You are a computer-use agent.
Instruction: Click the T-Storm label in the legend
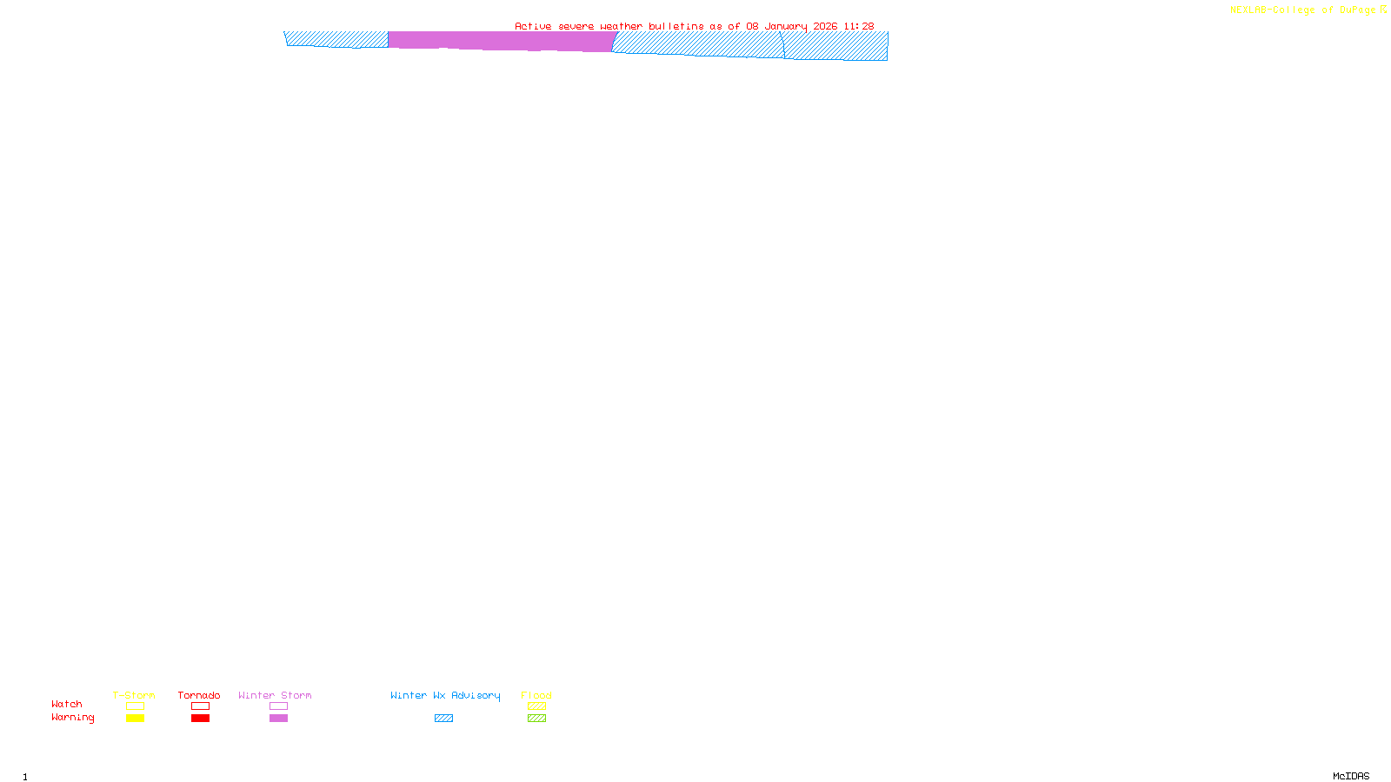click(x=134, y=695)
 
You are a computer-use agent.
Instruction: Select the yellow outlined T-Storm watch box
click(x=135, y=706)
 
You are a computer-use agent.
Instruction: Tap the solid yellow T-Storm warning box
click(x=135, y=719)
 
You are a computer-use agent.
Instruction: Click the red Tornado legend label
click(x=199, y=695)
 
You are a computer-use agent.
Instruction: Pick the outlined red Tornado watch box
click(x=200, y=706)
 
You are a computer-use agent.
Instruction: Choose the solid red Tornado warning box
click(x=200, y=719)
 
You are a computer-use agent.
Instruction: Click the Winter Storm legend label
click(x=275, y=695)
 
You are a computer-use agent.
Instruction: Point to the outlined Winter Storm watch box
click(x=278, y=706)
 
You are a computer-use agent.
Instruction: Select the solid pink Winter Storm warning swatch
click(x=278, y=719)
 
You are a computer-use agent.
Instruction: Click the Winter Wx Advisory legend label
click(x=445, y=695)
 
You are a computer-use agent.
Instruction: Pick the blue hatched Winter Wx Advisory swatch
click(x=443, y=719)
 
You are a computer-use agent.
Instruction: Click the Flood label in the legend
click(x=536, y=695)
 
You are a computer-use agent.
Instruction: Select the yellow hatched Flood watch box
click(x=536, y=706)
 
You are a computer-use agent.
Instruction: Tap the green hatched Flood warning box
click(x=536, y=719)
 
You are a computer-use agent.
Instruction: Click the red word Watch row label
click(x=67, y=704)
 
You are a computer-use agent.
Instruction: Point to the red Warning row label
click(x=72, y=718)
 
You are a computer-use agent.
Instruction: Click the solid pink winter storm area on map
click(x=500, y=41)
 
